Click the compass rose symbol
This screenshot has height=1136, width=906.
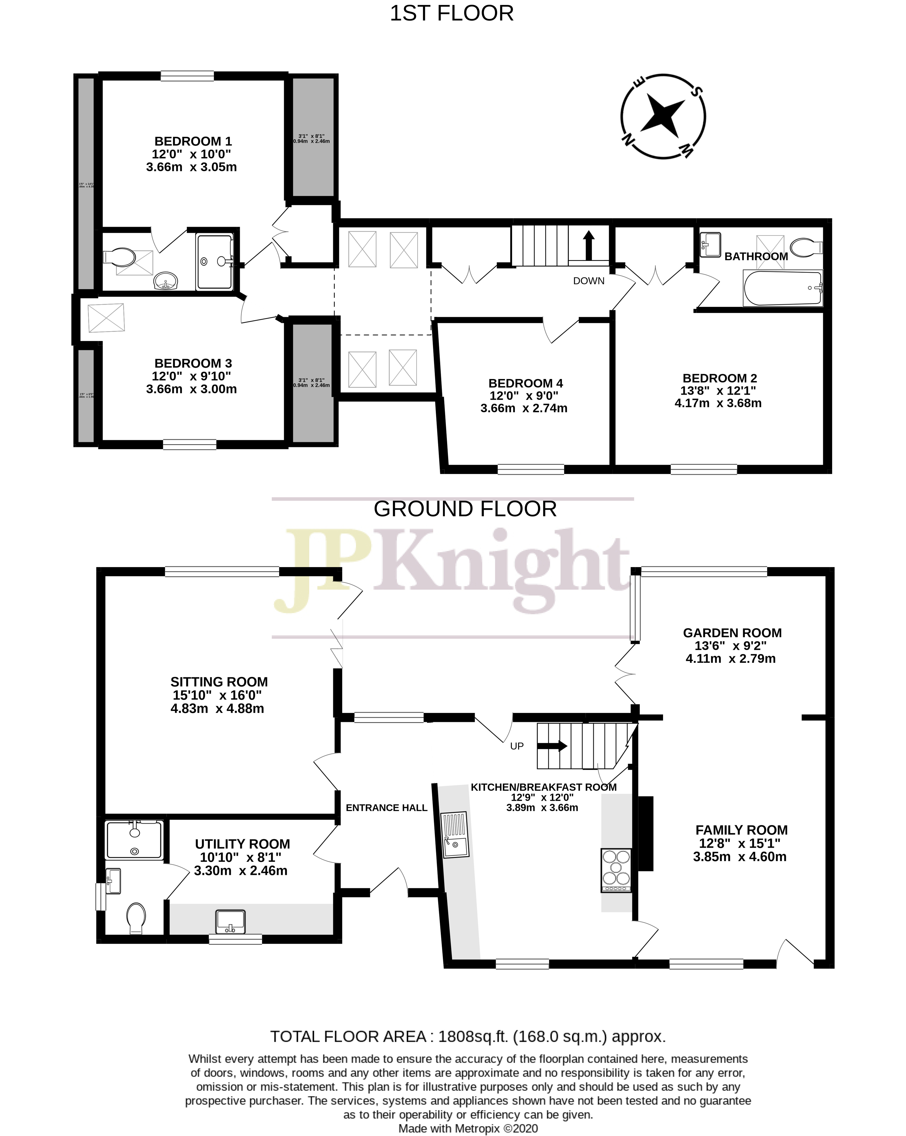[x=663, y=116]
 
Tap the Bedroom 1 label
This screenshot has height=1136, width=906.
[x=193, y=141]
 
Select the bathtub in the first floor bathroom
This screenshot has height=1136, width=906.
[x=782, y=288]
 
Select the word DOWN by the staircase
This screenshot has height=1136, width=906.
[x=588, y=281]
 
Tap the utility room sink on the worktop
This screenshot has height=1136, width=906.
[x=230, y=921]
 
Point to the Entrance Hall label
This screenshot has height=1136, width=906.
[x=386, y=808]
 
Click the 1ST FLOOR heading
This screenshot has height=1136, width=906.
[x=451, y=13]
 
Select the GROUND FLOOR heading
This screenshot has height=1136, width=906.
[x=465, y=509]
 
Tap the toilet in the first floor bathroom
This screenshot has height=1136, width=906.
[x=806, y=247]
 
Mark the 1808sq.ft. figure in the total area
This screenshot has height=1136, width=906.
[x=473, y=1036]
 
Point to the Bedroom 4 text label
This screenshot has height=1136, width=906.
[x=525, y=383]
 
